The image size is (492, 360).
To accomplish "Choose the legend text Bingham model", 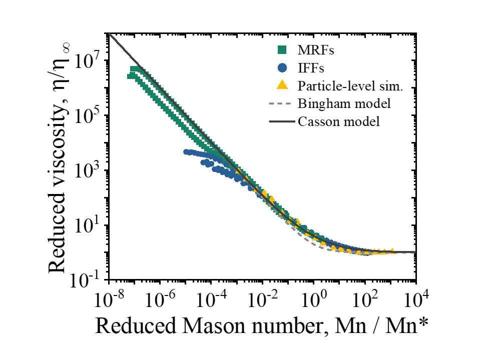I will pyautogui.click(x=344, y=103).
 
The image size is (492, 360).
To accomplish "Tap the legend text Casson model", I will pyautogui.click(x=339, y=121).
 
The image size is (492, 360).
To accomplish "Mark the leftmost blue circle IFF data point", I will pyautogui.click(x=186, y=151).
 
